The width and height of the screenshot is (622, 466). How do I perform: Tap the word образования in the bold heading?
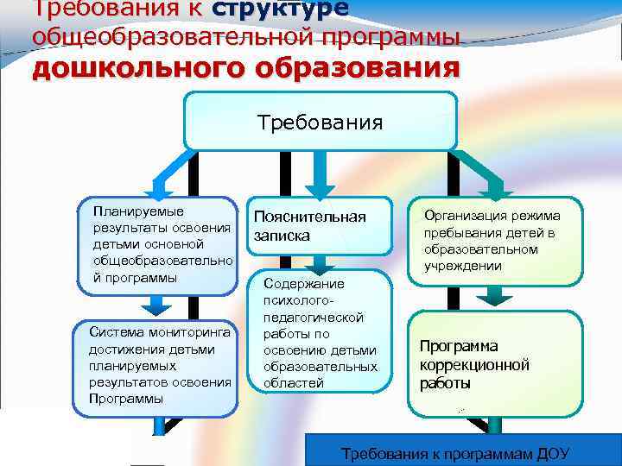tap(356, 67)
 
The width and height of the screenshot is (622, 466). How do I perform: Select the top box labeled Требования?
tap(321, 121)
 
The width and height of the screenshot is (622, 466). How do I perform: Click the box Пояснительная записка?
tap(320, 226)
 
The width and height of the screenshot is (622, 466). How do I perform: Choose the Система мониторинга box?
tap(161, 363)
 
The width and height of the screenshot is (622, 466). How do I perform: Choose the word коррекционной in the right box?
tap(474, 364)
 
